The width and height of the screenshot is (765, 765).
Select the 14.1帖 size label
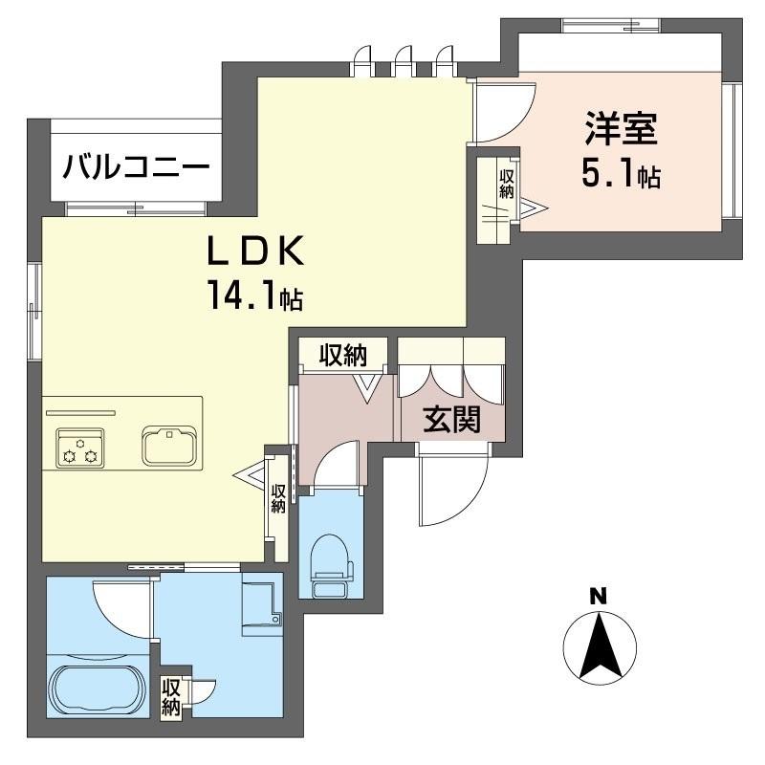[x=253, y=297]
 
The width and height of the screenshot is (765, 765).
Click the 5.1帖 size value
[x=621, y=175]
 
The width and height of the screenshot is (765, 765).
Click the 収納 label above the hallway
[x=343, y=356]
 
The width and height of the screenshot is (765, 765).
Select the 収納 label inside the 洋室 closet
[x=505, y=184]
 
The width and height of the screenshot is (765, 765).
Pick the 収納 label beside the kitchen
[x=278, y=498]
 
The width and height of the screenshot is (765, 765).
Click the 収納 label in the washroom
[x=171, y=697]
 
